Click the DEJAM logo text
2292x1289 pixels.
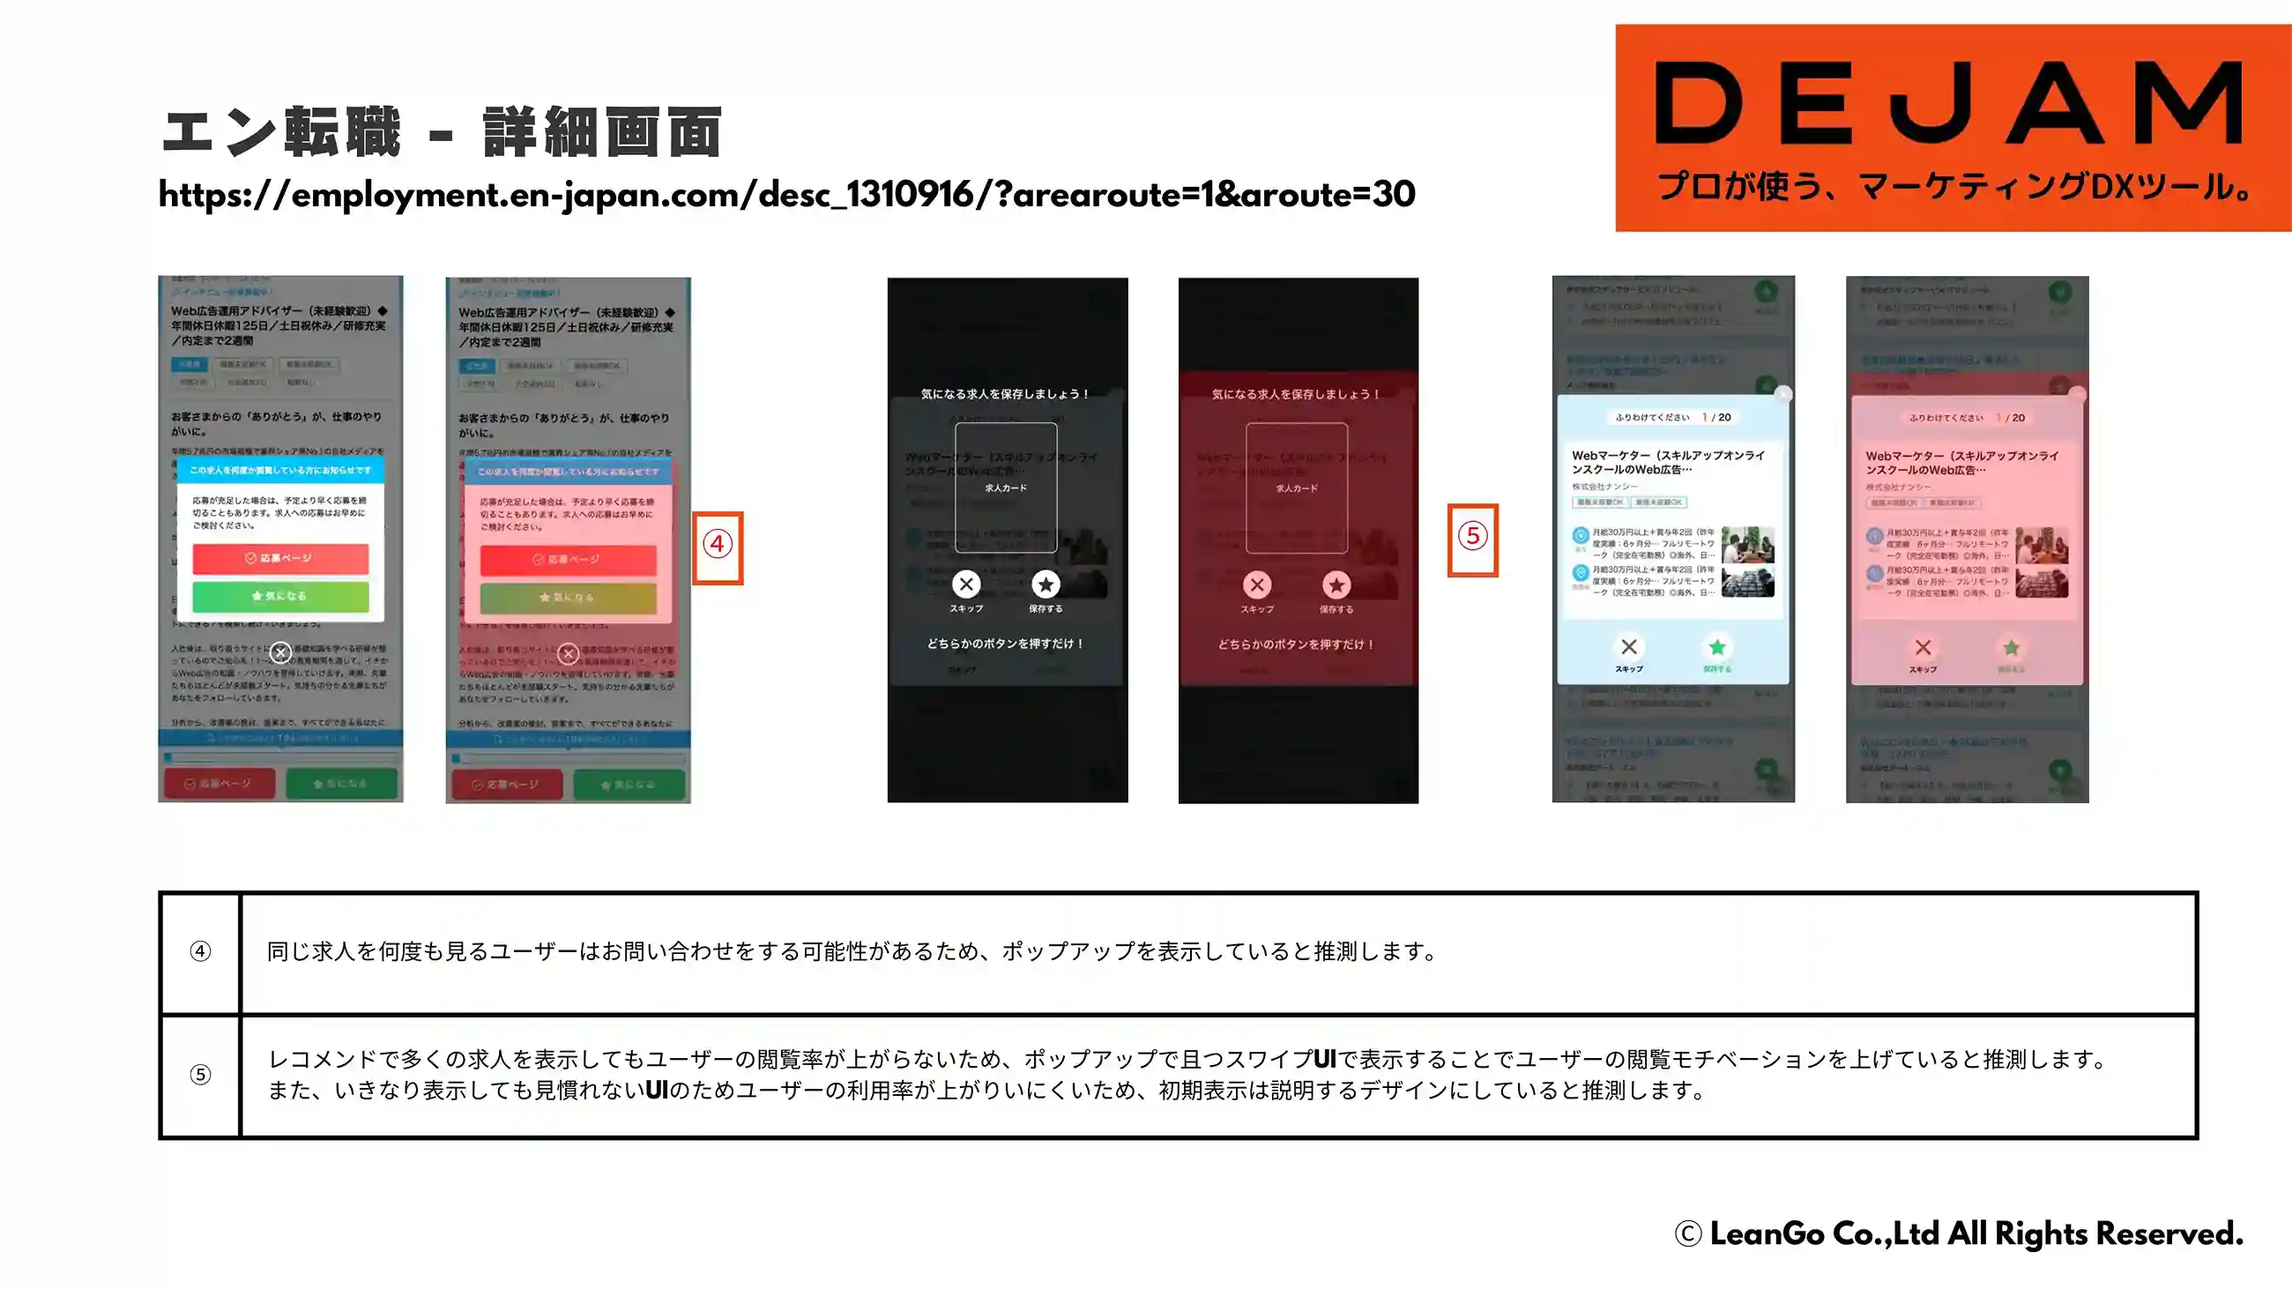(1948, 103)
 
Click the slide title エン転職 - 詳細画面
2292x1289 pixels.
(442, 132)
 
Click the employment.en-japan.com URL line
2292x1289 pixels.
(786, 194)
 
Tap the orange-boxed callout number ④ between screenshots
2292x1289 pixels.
(718, 544)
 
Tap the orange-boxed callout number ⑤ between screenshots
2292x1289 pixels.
(1472, 537)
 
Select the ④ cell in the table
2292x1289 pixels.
(200, 951)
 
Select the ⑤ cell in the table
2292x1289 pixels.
(200, 1075)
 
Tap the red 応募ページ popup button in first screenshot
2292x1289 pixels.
(280, 558)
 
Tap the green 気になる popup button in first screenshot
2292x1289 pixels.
(280, 596)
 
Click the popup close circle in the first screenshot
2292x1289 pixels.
(280, 653)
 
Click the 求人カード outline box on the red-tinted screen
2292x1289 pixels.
(1297, 488)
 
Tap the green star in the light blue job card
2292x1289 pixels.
(1717, 647)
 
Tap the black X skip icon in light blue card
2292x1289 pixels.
(1628, 647)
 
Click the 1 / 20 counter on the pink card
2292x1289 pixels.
(2013, 417)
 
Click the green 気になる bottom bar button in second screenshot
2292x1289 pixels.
(629, 785)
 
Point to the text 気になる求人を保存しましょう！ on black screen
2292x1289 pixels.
(1006, 393)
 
